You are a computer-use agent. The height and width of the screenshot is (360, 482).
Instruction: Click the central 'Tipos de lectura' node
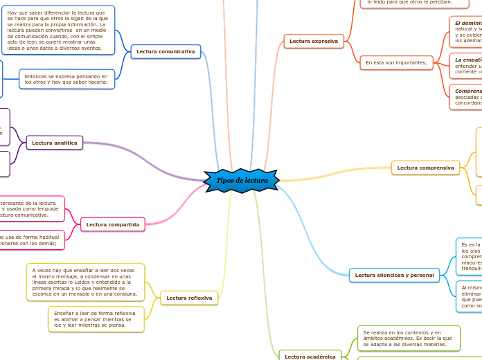pyautogui.click(x=242, y=181)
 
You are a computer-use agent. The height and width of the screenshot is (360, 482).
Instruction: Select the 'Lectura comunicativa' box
pyautogui.click(x=166, y=51)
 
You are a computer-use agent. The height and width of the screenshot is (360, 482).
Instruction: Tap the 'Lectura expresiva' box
pyautogui.click(x=314, y=42)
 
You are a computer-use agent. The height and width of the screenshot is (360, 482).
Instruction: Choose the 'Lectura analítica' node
pyautogui.click(x=55, y=143)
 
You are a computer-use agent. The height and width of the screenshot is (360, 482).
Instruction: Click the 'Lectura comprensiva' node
pyautogui.click(x=425, y=168)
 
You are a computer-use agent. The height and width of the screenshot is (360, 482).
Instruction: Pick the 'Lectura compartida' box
pyautogui.click(x=113, y=224)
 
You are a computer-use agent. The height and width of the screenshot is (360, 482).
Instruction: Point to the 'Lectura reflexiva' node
pyautogui.click(x=189, y=298)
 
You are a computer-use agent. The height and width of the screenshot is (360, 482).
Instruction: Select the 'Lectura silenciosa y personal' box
pyautogui.click(x=394, y=276)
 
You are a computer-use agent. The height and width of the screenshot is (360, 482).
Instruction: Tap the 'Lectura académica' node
pyautogui.click(x=310, y=357)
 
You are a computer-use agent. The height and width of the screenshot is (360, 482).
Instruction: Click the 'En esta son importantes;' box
pyautogui.click(x=396, y=63)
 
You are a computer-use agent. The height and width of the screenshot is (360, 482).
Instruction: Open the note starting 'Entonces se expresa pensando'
pyautogui.click(x=66, y=79)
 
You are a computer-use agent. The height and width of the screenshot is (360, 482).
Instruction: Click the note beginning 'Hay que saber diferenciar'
pyautogui.click(x=57, y=30)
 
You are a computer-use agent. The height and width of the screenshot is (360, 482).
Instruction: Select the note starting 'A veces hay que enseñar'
pyautogui.click(x=85, y=282)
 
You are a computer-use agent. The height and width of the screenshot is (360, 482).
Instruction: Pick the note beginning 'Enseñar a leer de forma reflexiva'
pyautogui.click(x=96, y=318)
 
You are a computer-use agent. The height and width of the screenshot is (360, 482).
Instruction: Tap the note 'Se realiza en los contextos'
pyautogui.click(x=409, y=339)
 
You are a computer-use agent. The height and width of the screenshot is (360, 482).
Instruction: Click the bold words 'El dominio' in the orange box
pyautogui.click(x=468, y=23)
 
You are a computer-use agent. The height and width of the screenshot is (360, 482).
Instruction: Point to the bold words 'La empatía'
pyautogui.click(x=468, y=60)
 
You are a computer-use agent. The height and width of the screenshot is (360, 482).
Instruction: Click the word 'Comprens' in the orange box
pyautogui.click(x=468, y=91)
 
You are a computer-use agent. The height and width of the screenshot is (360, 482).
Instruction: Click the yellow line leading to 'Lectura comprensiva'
pyautogui.click(x=339, y=174)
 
